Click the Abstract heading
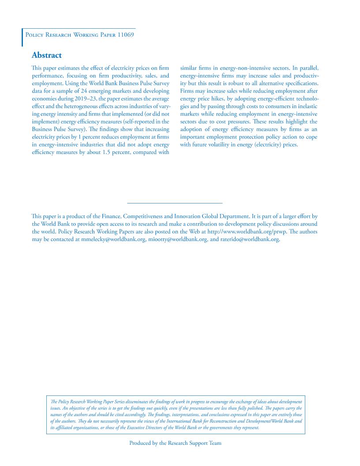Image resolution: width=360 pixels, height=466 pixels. click(46, 55)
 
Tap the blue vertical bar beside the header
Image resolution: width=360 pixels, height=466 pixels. click(22, 38)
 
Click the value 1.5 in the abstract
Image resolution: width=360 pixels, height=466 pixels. click(102, 152)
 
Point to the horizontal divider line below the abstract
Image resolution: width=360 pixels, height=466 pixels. click(175, 203)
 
